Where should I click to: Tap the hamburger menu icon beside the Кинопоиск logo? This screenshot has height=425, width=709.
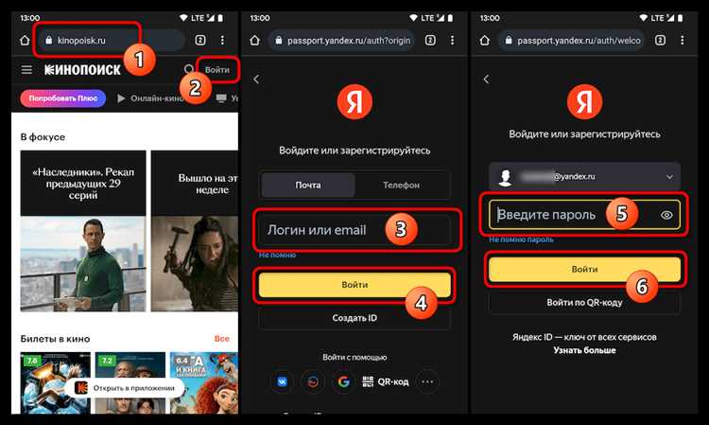point(26,70)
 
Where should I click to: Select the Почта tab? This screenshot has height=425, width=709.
point(308,185)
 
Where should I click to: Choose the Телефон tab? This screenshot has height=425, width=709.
point(401,185)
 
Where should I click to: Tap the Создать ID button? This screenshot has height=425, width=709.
point(354,318)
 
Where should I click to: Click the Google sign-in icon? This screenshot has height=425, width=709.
point(343,381)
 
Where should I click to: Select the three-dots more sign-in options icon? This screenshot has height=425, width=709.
point(427,381)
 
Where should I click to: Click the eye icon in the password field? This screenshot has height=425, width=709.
point(666,215)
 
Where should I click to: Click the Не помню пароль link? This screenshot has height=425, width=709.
point(522,240)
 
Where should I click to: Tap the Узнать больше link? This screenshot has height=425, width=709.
point(584,350)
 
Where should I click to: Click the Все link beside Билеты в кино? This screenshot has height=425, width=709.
point(221,338)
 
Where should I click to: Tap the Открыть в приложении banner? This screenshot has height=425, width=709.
point(128,387)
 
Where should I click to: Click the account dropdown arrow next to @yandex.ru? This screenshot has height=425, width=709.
point(669,176)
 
